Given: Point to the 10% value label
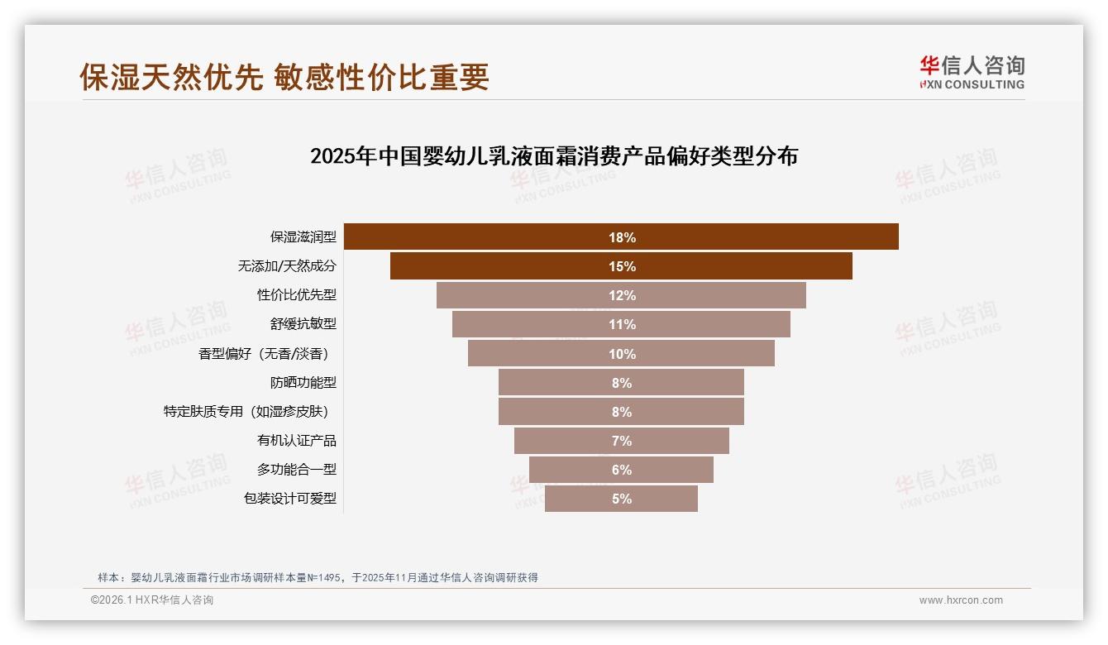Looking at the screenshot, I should [x=622, y=354].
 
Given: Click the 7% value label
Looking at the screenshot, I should [x=622, y=441].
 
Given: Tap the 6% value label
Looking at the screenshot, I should [x=622, y=470].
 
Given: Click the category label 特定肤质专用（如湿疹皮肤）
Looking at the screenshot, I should [x=250, y=412].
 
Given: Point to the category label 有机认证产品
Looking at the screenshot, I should [x=297, y=441].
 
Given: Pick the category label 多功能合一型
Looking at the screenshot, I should [x=297, y=470].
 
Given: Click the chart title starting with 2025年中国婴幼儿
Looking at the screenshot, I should [x=553, y=156].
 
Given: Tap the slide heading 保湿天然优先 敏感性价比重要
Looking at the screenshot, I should [x=284, y=77].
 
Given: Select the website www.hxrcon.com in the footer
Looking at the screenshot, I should [x=961, y=600].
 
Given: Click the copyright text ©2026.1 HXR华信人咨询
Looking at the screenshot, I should [x=152, y=600].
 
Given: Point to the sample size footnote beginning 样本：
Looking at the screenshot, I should [x=318, y=577].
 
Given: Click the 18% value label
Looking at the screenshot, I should [x=622, y=237].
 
